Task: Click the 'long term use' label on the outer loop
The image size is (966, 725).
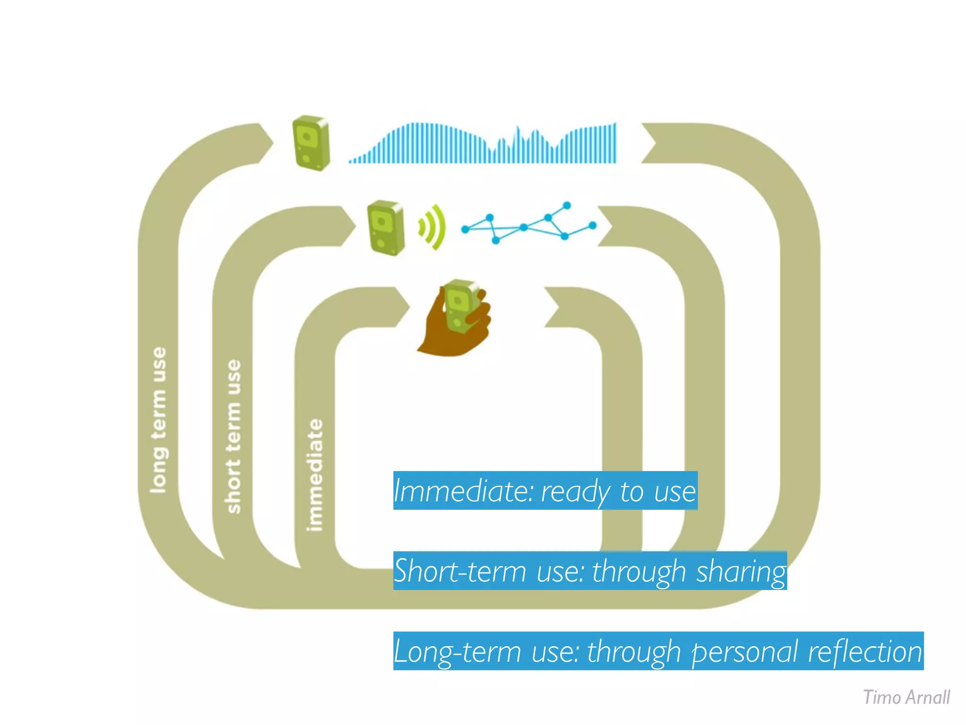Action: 158,420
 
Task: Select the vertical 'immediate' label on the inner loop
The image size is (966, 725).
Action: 315,474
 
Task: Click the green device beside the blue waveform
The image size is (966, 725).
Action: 311,143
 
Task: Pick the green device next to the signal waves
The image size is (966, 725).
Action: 386,228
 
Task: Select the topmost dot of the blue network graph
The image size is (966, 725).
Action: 567,205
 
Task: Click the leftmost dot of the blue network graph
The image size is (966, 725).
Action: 465,229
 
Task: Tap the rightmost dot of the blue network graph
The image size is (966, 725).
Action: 593,226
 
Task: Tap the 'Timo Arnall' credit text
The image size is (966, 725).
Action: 906,697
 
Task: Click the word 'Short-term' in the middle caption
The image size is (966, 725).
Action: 460,571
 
